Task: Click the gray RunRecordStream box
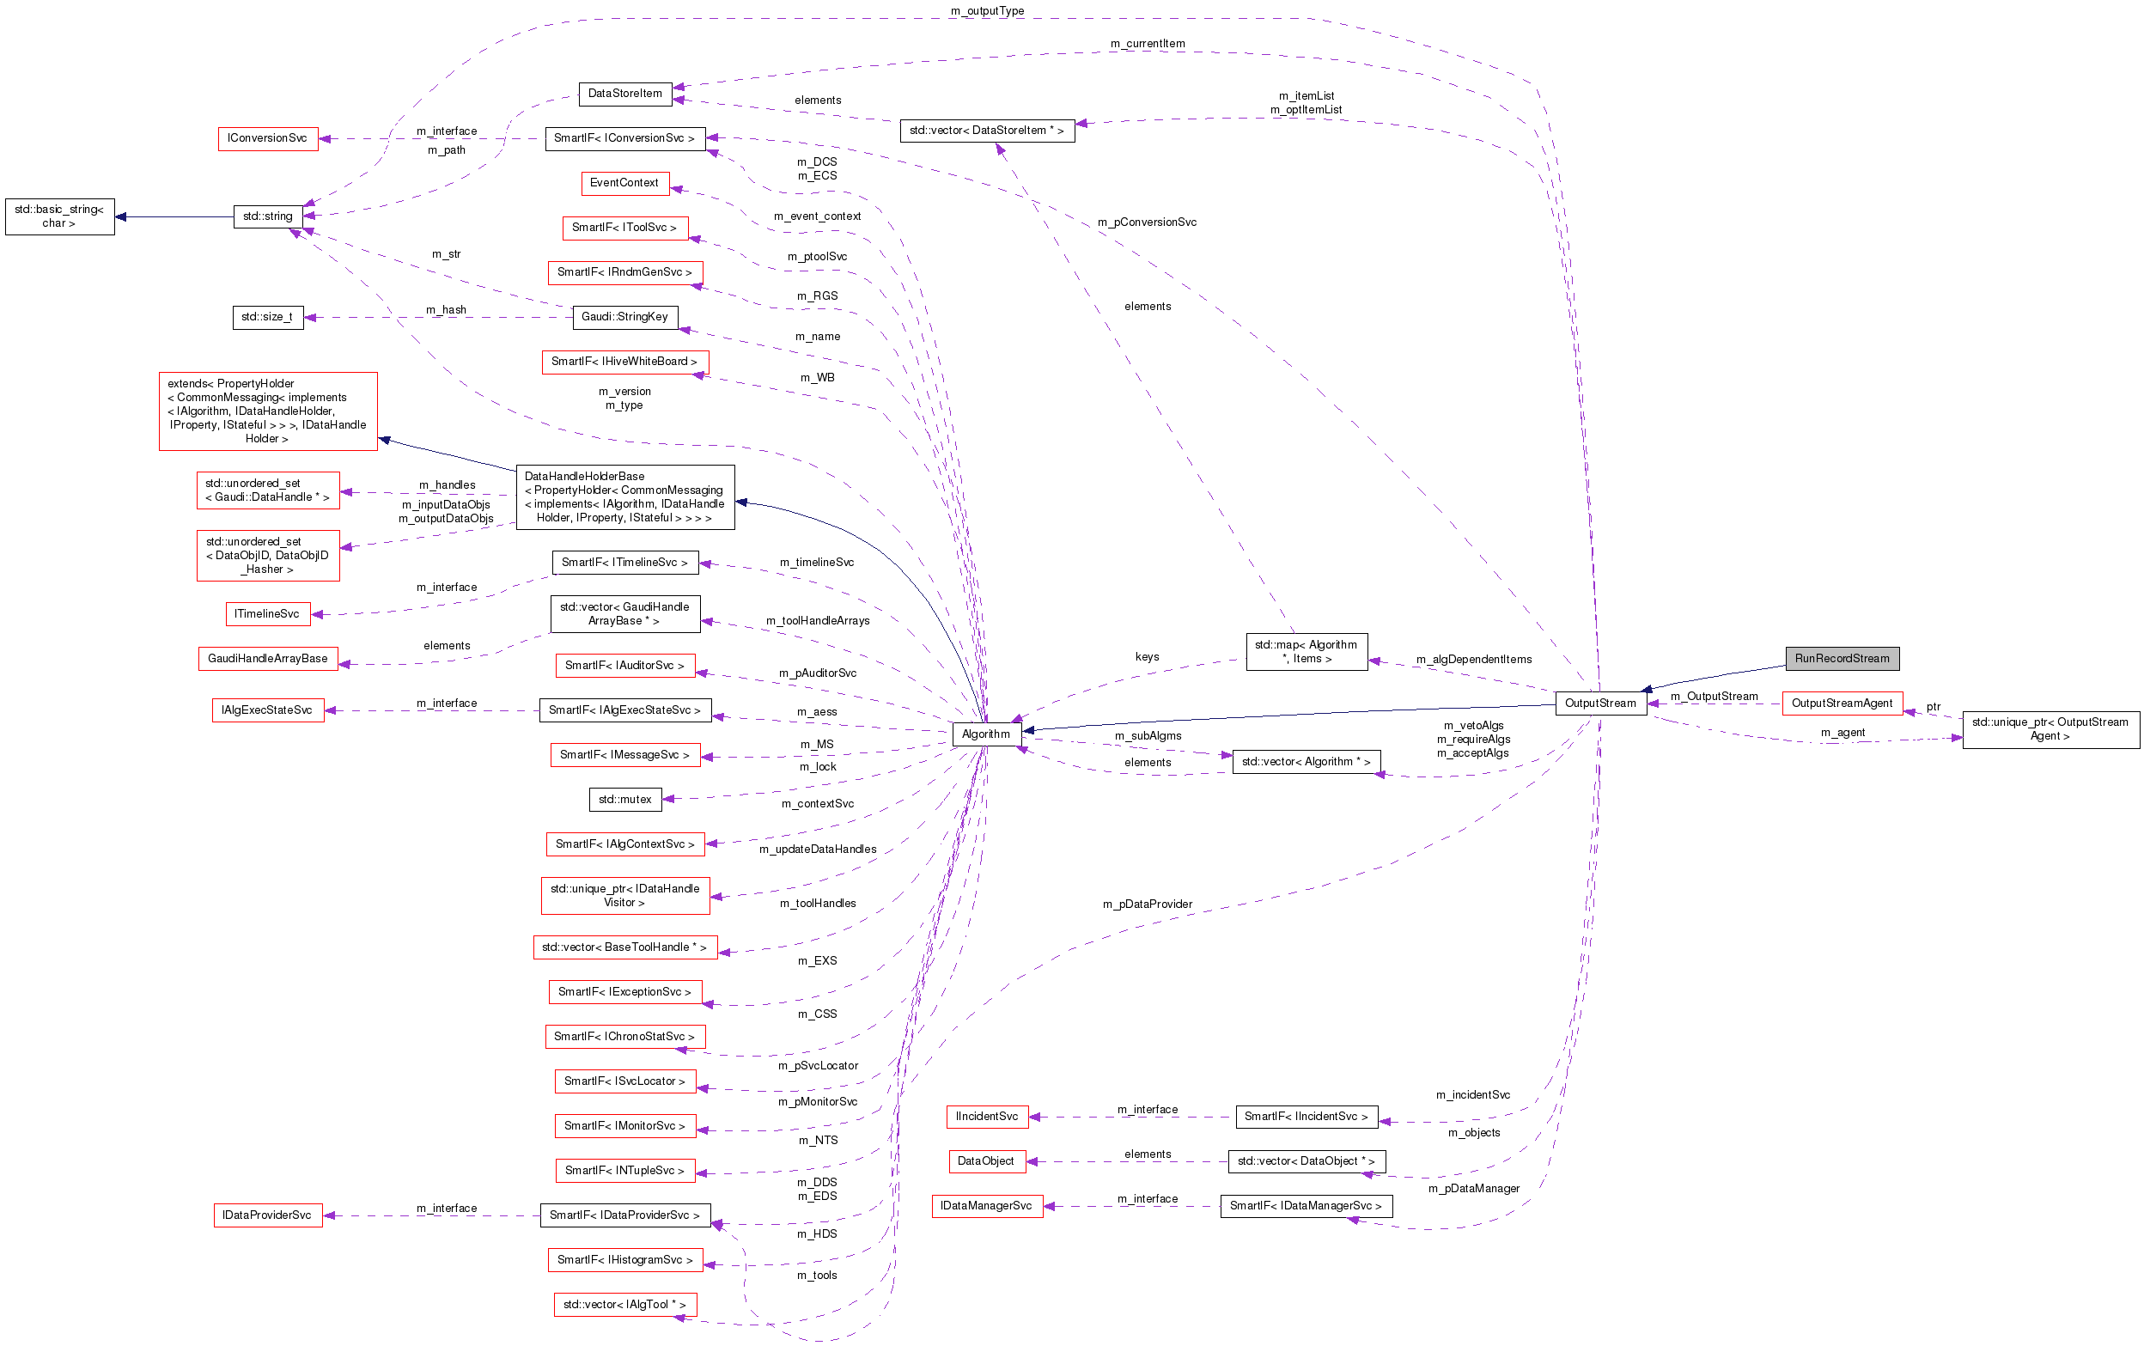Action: coord(1841,658)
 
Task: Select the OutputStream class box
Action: coord(1599,703)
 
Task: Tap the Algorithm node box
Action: coord(985,734)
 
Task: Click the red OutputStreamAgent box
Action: coord(1841,703)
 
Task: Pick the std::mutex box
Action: coord(624,799)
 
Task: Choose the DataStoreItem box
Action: coord(624,94)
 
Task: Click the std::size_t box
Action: coord(267,317)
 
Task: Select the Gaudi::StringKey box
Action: coord(624,317)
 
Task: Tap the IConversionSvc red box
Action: coord(267,138)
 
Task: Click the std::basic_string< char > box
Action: coord(59,216)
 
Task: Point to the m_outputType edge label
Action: coord(986,10)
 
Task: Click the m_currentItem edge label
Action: coord(1147,43)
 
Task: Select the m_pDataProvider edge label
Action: coord(1147,904)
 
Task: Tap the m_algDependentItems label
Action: coord(1473,659)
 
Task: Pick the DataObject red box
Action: coord(985,1160)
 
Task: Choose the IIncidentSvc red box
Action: coord(986,1117)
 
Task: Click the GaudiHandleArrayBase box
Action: coord(267,658)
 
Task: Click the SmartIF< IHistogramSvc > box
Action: coord(624,1259)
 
